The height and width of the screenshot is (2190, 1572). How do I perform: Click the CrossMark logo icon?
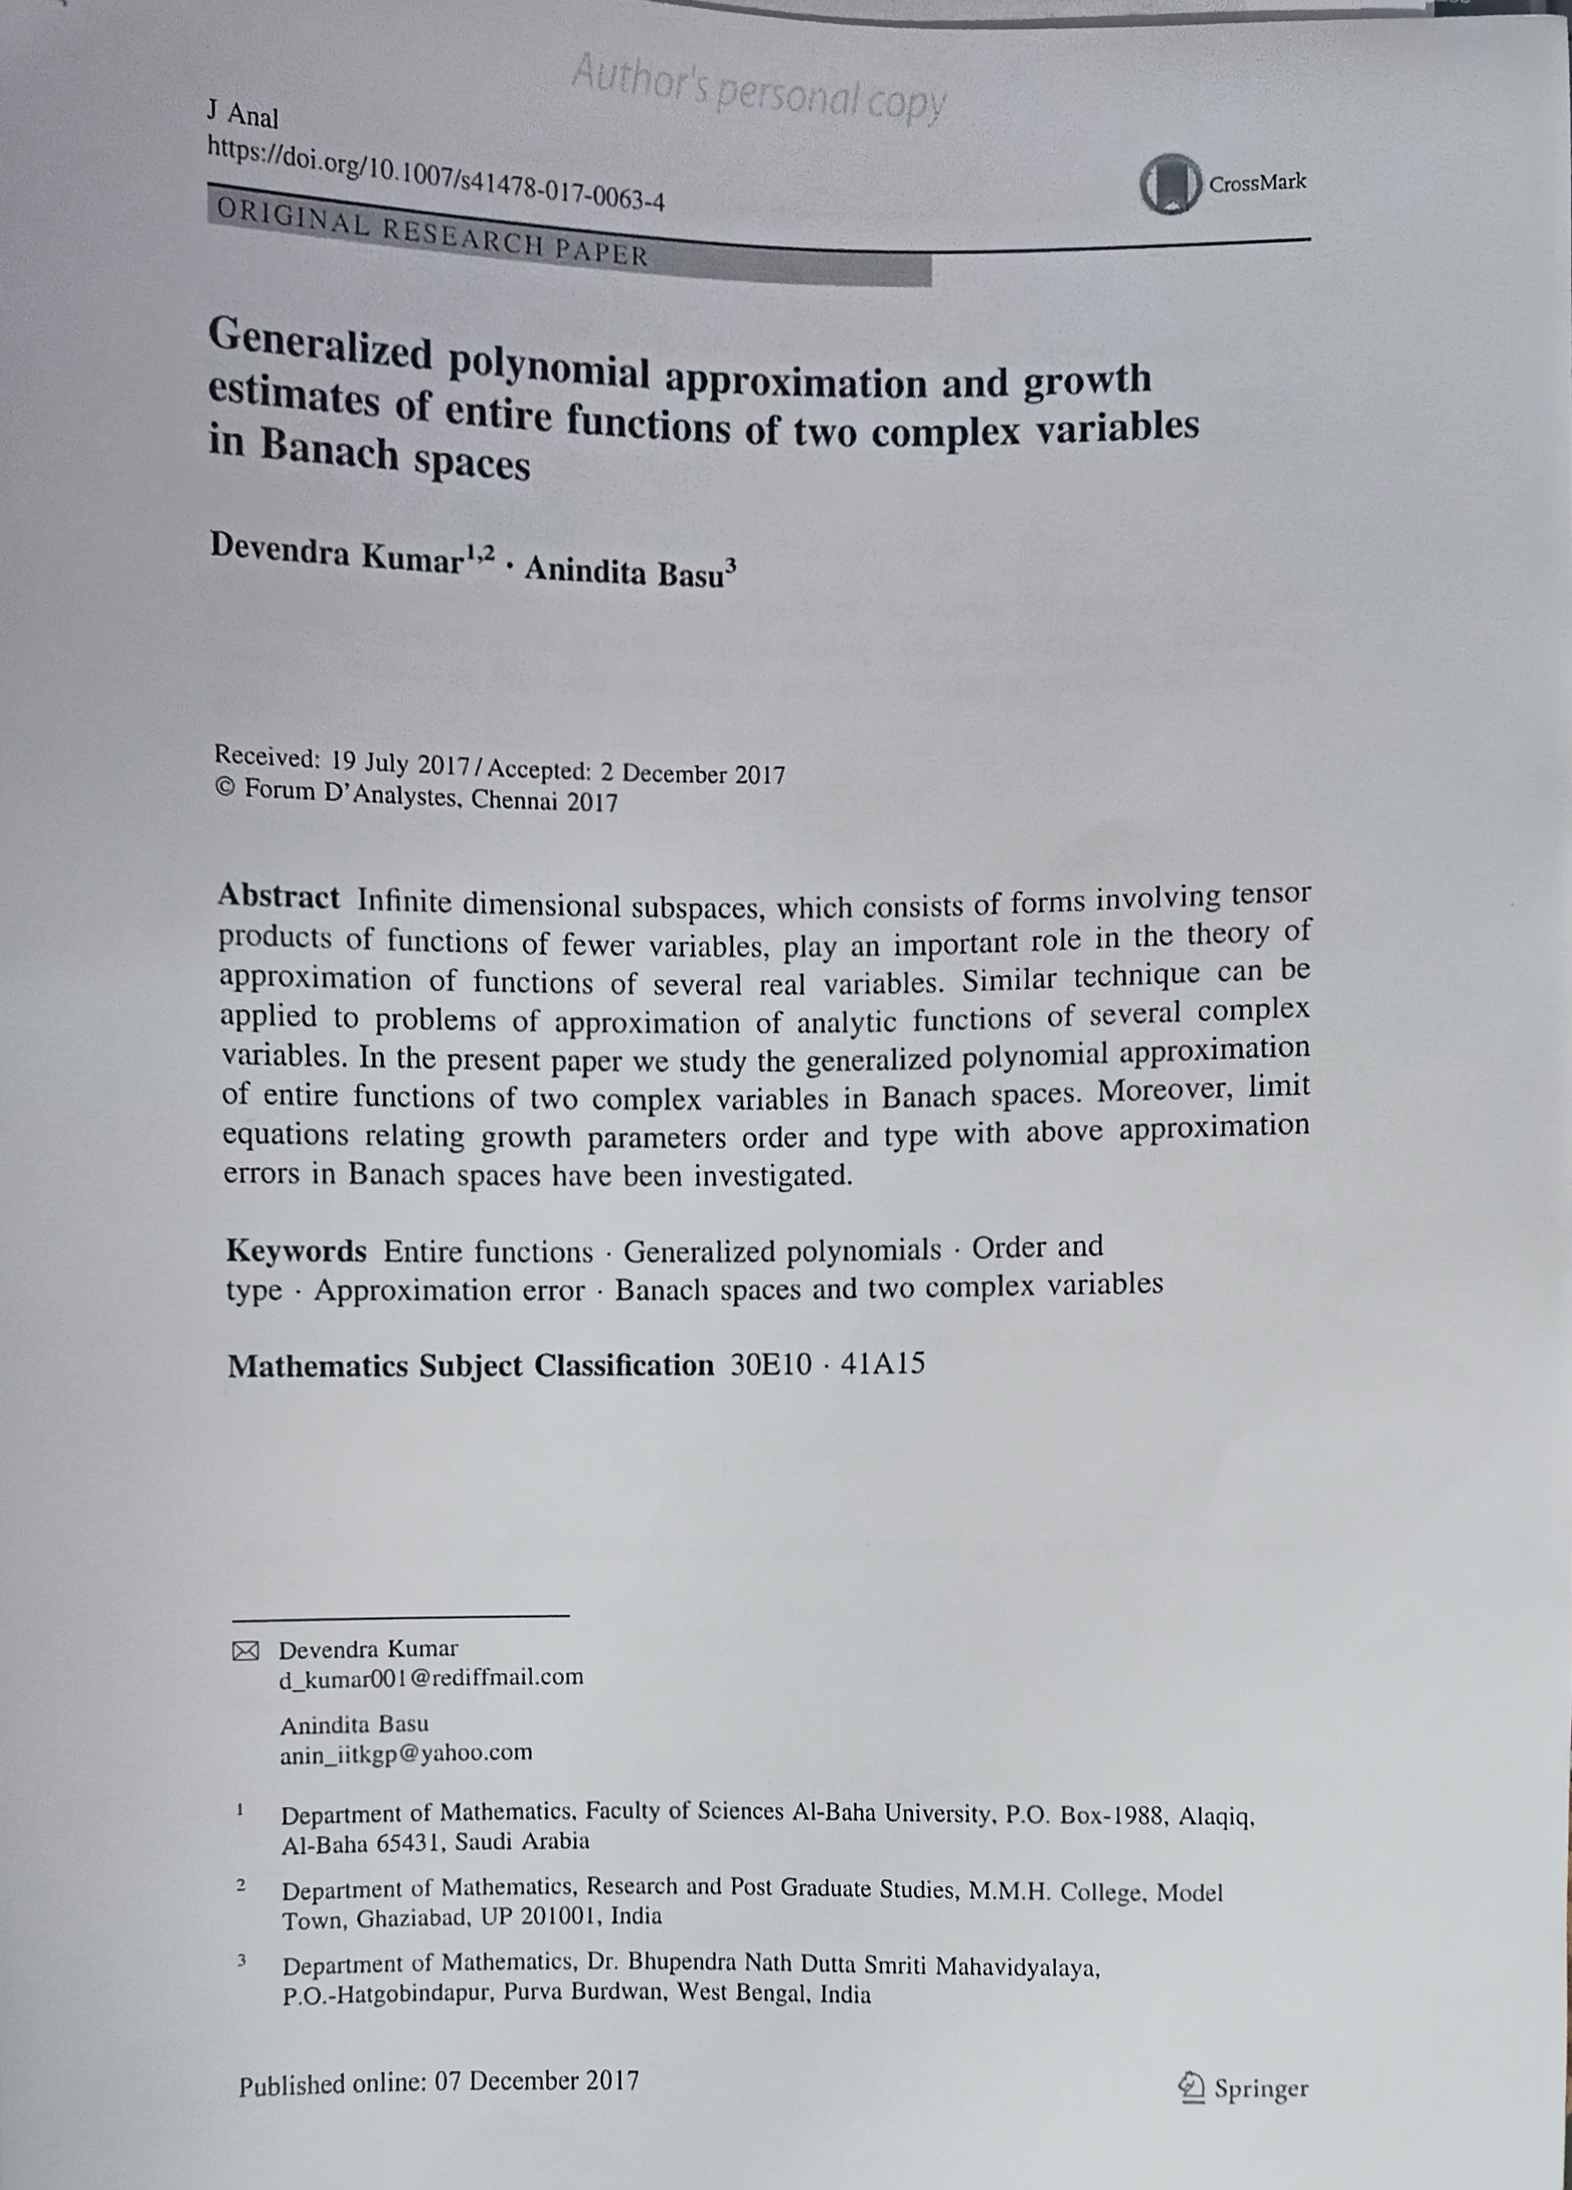[1170, 184]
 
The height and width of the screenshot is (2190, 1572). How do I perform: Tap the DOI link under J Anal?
[436, 175]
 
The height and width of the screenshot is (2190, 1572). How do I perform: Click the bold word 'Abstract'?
[278, 897]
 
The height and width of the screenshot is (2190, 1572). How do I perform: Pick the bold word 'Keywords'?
[296, 1251]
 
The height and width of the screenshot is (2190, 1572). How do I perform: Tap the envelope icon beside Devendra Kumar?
[246, 1652]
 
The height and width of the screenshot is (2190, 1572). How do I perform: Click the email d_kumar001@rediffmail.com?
[431, 1677]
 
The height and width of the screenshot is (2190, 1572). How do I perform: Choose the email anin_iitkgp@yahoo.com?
[406, 1753]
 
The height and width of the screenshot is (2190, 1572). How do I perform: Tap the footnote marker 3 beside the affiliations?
[243, 1961]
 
